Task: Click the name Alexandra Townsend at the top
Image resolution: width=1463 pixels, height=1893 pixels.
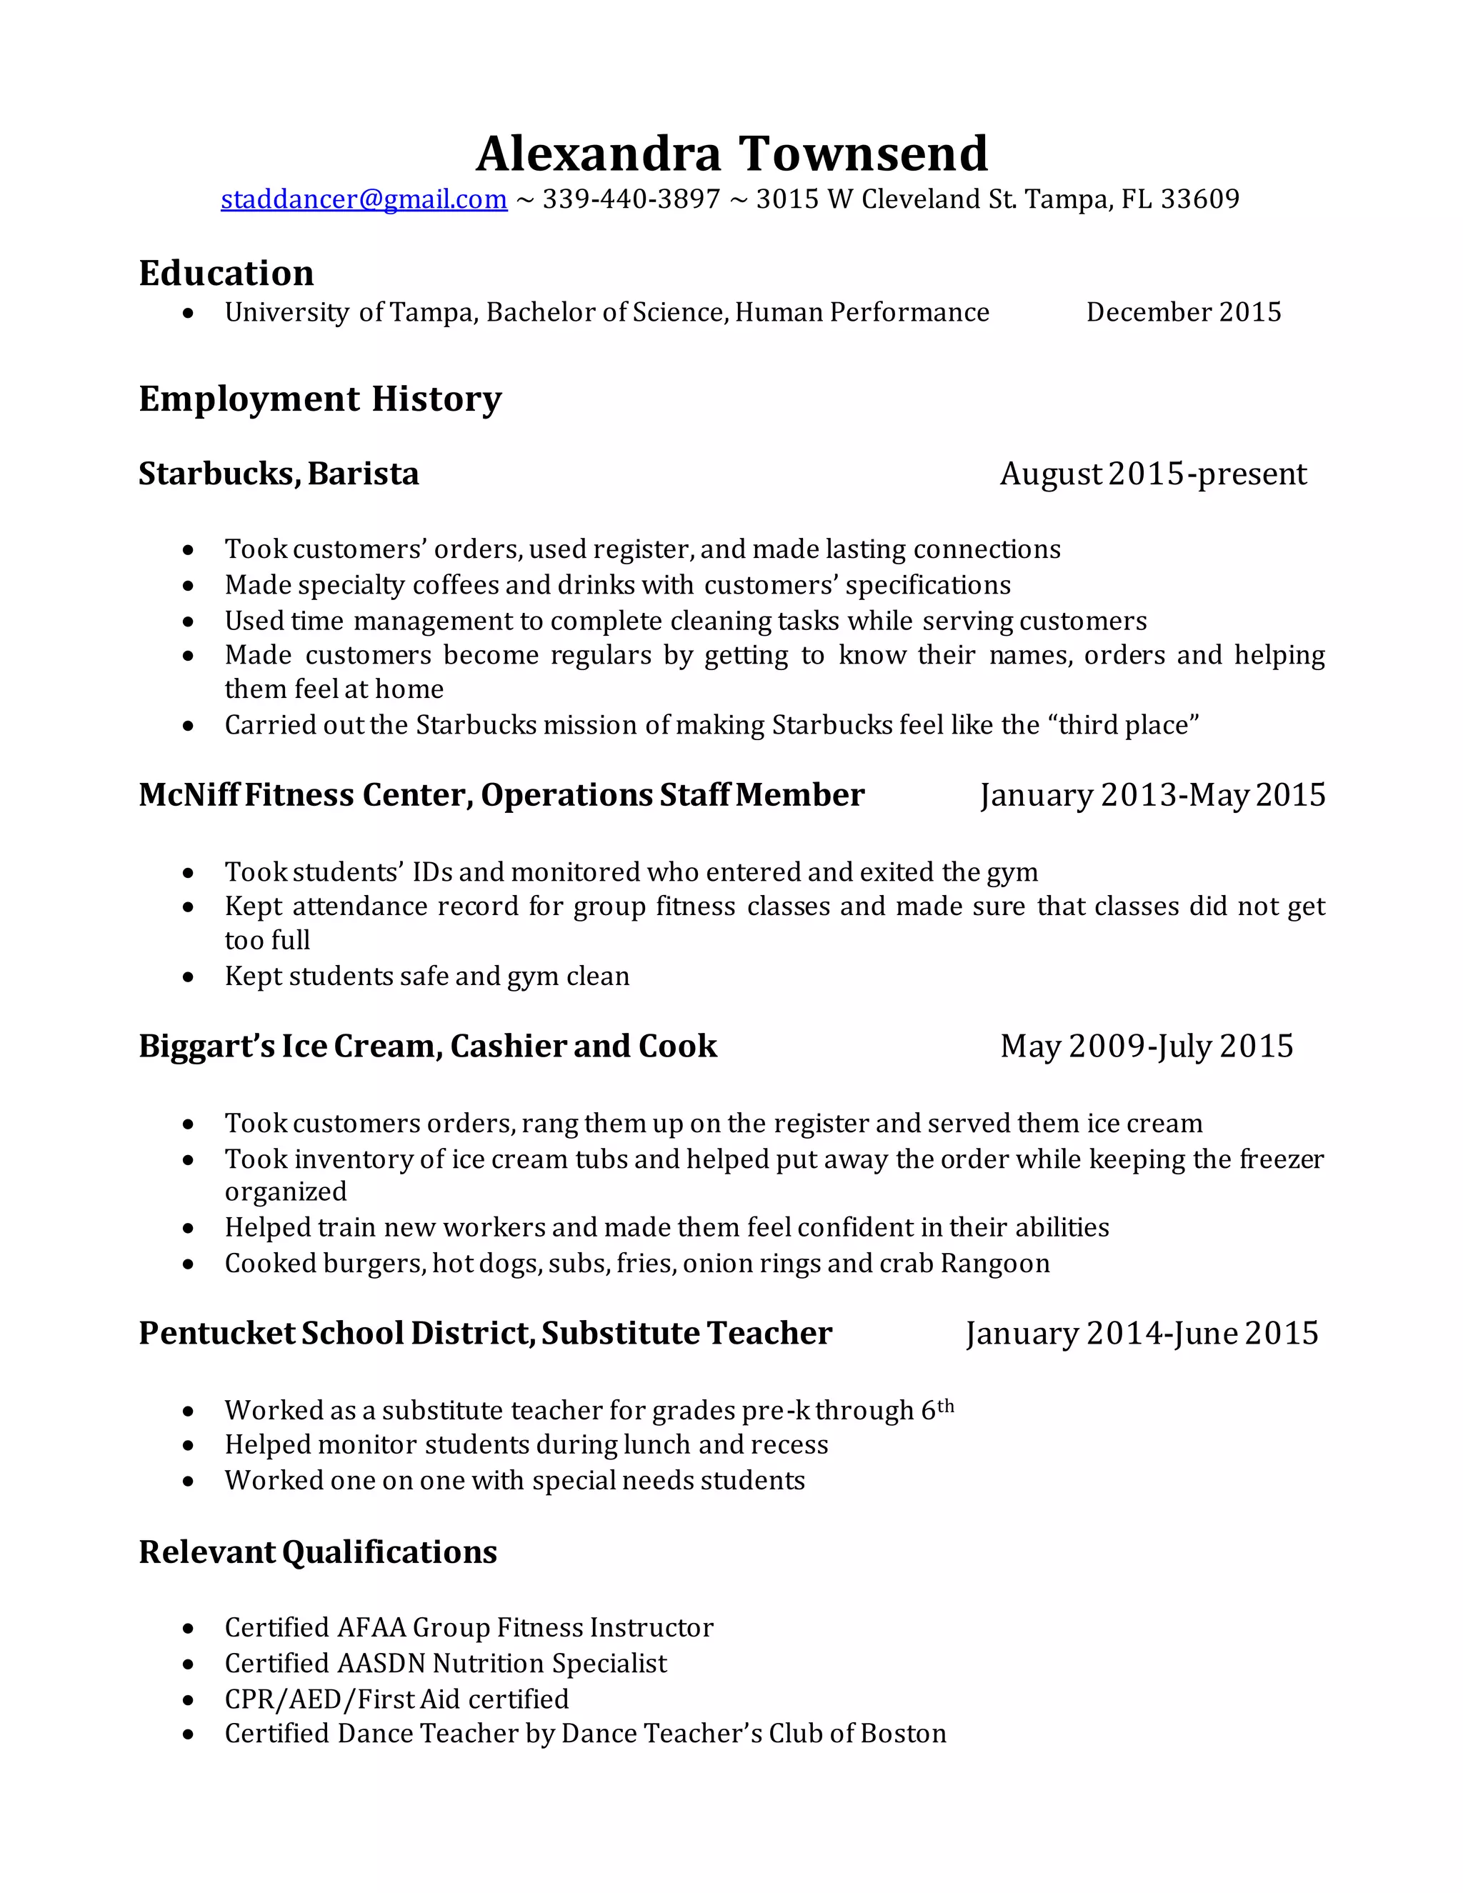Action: click(x=731, y=154)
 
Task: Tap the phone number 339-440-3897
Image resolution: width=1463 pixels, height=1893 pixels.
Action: click(x=631, y=199)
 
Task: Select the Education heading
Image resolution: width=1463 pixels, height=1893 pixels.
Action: click(x=226, y=273)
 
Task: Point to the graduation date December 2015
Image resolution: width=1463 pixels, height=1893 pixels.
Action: click(x=1183, y=312)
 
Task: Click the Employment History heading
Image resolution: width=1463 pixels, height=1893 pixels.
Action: click(x=320, y=399)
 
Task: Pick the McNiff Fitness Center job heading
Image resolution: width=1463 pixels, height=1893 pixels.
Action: click(x=501, y=795)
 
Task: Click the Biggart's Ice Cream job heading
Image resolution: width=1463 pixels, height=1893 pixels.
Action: click(x=427, y=1047)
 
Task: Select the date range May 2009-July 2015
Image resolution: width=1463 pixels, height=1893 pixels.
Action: click(x=1146, y=1047)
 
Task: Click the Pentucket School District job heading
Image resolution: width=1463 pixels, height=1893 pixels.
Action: click(x=484, y=1333)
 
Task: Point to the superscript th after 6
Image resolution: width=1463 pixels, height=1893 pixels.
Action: click(x=946, y=1406)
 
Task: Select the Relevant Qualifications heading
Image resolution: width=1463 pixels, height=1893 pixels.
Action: click(x=317, y=1552)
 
